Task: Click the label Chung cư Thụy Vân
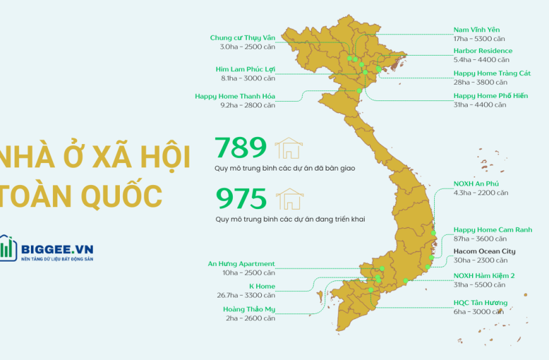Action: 242,38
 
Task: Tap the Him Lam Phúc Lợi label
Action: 245,69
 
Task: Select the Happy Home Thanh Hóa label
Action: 235,96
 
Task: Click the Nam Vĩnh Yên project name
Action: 476,30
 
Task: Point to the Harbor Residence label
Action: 483,51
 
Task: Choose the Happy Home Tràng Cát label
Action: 492,73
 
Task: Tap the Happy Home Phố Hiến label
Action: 490,95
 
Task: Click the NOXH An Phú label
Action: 476,183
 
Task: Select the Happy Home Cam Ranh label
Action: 492,229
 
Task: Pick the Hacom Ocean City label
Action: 484,251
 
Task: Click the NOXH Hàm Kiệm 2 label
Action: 484,276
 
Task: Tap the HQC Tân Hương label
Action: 480,303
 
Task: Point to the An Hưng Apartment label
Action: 242,263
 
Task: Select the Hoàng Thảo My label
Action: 249,309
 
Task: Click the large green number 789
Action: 241,147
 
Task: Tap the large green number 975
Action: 241,198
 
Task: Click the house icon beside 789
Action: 290,148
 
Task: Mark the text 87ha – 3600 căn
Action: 480,239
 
